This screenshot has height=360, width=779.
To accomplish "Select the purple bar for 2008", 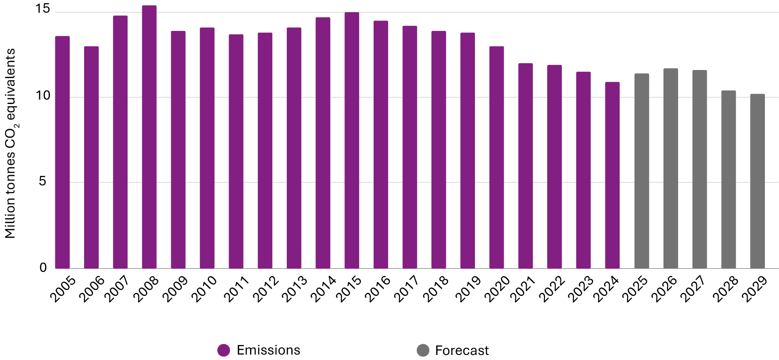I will (x=149, y=136).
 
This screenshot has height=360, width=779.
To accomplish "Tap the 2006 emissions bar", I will (x=91, y=157).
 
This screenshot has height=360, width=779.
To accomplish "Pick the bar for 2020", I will (x=496, y=157).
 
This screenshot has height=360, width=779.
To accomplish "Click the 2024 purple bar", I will (x=612, y=175).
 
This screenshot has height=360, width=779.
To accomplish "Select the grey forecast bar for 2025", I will (x=641, y=171).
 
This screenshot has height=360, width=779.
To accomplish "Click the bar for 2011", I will (x=236, y=151).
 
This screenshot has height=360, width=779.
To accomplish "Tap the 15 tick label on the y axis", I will (x=43, y=9).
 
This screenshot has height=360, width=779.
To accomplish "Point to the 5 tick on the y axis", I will (x=43, y=181).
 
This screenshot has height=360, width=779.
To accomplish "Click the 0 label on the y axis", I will (x=43, y=267).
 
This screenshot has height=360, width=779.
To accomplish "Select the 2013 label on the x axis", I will (x=295, y=289).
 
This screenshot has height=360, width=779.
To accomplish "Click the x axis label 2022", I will (x=552, y=289).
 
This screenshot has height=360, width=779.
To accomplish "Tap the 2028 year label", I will (x=725, y=289).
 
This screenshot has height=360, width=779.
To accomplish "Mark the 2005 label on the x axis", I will (x=63, y=289).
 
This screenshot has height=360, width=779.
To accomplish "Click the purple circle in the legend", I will (x=224, y=350).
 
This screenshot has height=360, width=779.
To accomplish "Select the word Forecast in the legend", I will (x=461, y=350).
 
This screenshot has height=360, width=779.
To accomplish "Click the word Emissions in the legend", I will (x=268, y=350).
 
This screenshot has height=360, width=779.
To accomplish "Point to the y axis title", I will (x=11, y=143).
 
